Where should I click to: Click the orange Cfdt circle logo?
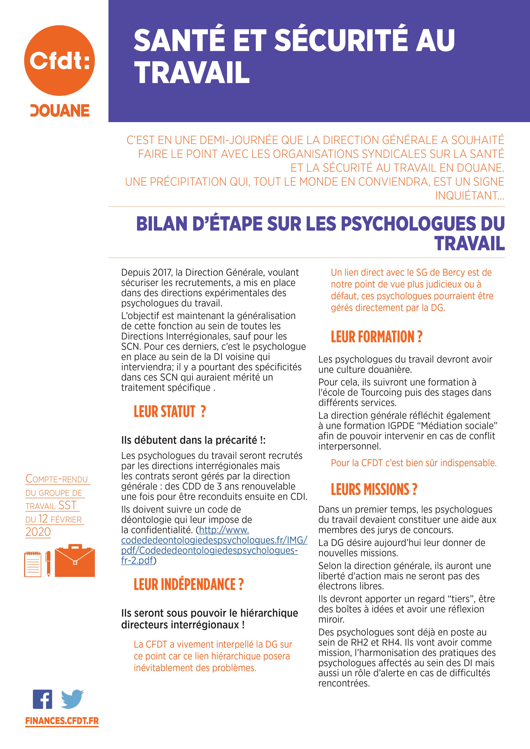(x=59, y=61)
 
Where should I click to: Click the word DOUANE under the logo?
(x=60, y=111)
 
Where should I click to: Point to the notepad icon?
(x=33, y=564)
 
